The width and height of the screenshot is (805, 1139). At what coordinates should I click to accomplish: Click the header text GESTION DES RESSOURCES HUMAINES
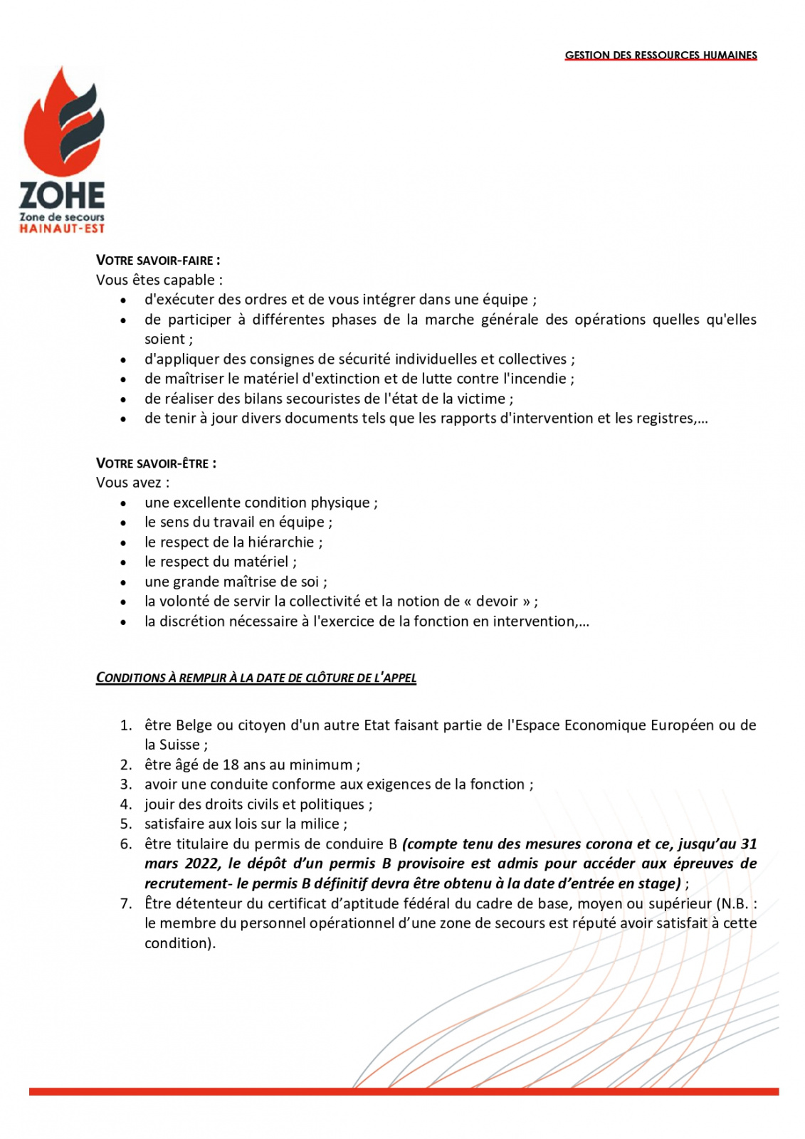click(x=661, y=55)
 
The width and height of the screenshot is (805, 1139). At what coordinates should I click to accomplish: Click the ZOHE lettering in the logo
click(x=62, y=195)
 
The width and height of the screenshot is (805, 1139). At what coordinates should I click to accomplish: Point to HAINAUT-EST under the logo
click(x=62, y=229)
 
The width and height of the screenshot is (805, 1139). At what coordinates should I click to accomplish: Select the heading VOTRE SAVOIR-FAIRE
click(x=158, y=261)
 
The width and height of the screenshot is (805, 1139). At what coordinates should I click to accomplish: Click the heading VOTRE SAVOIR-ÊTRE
click(x=156, y=463)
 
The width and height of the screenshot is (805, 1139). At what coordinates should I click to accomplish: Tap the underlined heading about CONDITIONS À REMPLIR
click(x=256, y=678)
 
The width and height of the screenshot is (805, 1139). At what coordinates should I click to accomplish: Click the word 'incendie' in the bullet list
click(x=540, y=379)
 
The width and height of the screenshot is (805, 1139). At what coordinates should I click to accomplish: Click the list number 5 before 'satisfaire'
click(x=125, y=824)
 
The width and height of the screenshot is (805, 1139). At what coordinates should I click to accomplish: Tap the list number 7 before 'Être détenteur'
click(x=125, y=904)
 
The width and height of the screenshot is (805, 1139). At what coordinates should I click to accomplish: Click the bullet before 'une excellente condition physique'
click(x=124, y=503)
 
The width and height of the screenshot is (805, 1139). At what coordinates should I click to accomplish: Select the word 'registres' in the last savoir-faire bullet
click(x=664, y=419)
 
